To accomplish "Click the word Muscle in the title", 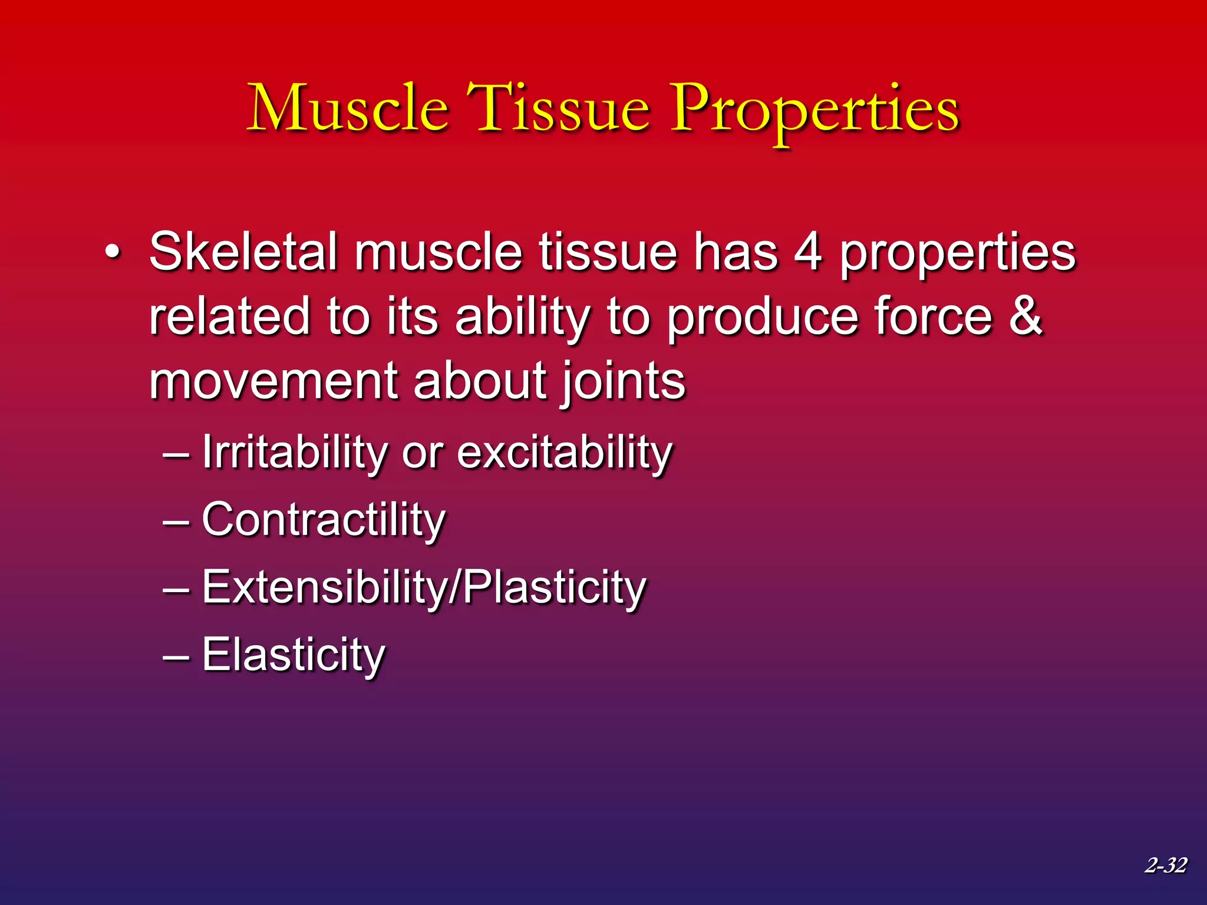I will (347, 109).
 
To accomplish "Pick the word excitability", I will (565, 452).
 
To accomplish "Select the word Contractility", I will (324, 520).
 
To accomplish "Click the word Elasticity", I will (293, 655).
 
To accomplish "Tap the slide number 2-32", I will (1166, 865).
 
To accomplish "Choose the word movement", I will (274, 381).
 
